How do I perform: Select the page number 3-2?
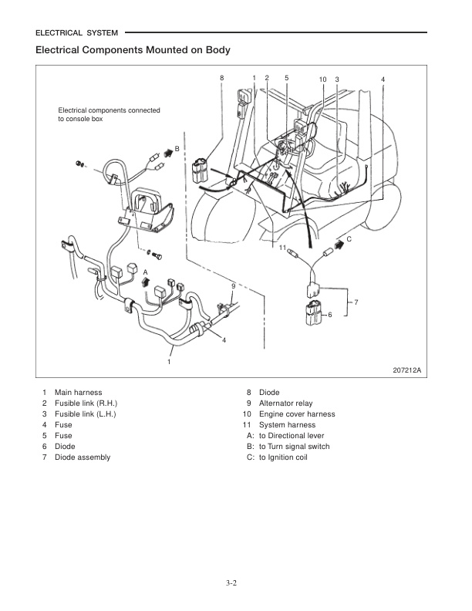point(235,582)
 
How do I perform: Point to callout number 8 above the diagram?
point(221,78)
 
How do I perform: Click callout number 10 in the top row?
point(322,79)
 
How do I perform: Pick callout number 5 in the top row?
point(286,78)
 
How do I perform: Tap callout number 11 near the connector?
point(282,247)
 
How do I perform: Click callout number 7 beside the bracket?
point(356,302)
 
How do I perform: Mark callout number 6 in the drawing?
point(329,316)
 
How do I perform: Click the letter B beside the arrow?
point(177,147)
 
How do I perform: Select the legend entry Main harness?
point(78,393)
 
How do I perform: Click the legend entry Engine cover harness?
point(297,414)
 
